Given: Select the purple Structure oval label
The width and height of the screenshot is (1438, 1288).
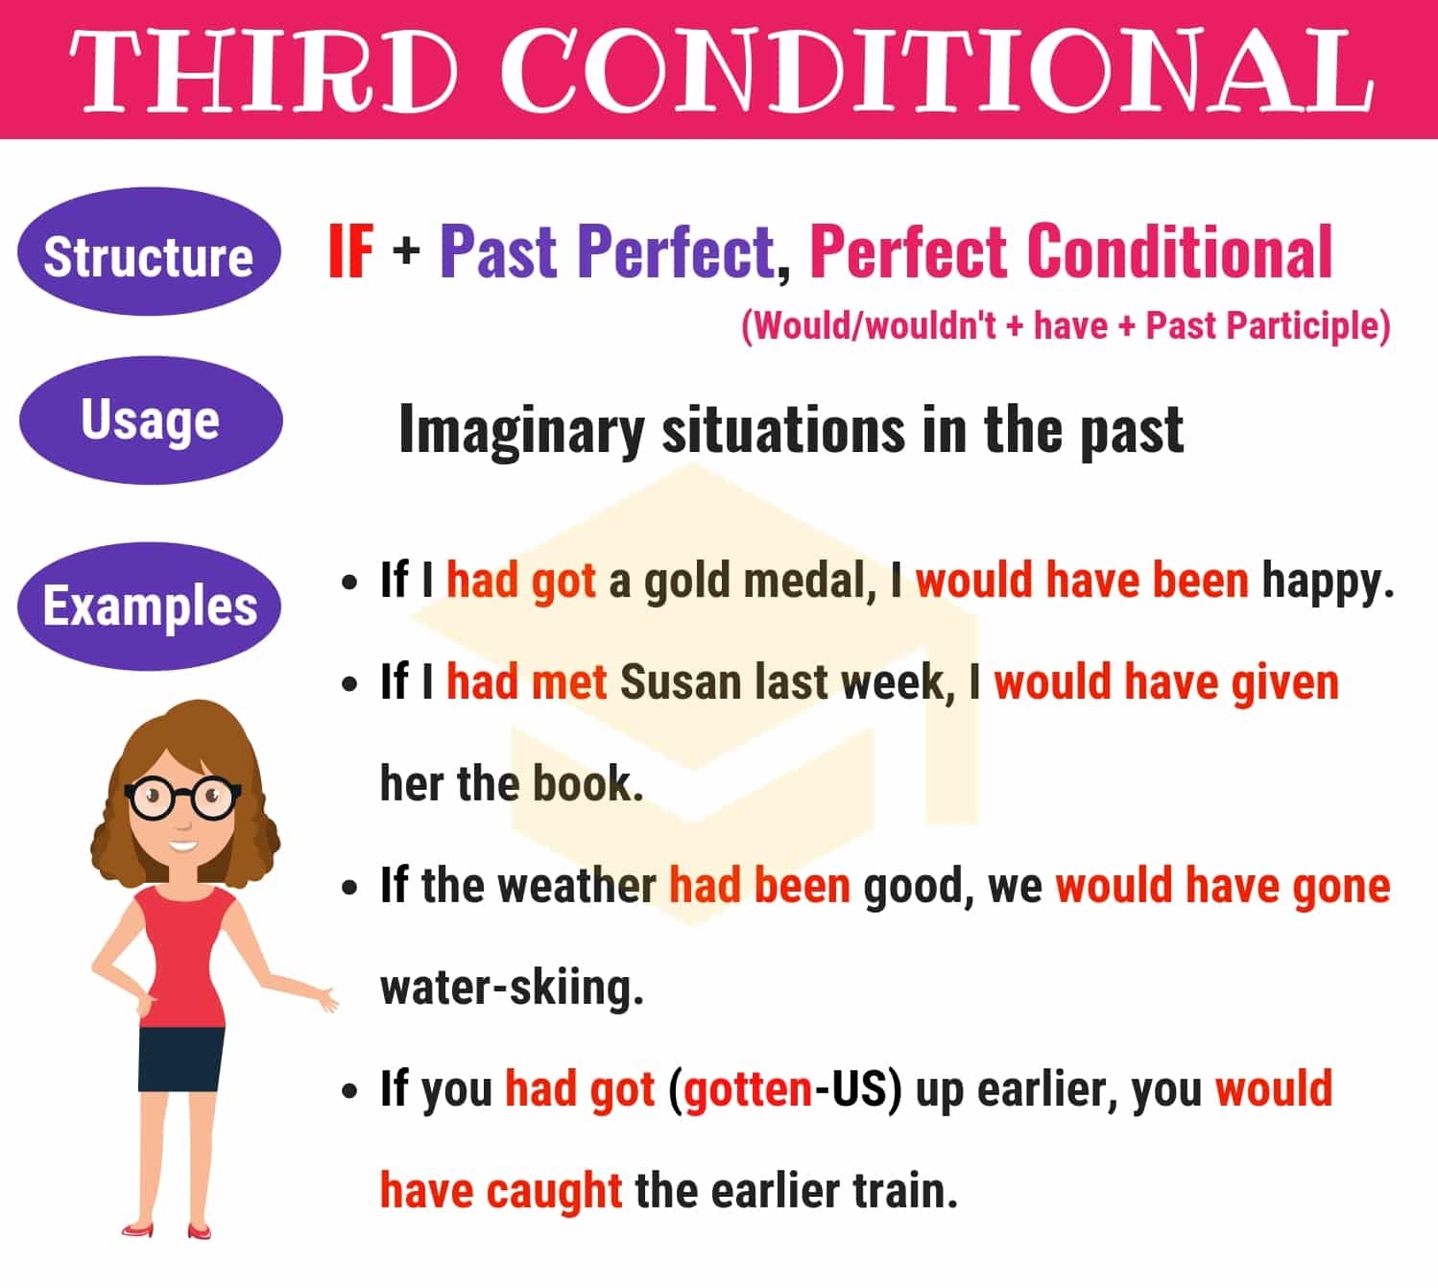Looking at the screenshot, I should (x=149, y=255).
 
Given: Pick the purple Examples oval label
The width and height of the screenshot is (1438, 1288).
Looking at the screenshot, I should (x=150, y=607).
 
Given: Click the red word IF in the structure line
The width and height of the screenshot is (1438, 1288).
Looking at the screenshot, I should (x=350, y=251).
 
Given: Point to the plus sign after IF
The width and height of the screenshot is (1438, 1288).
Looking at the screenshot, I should (x=406, y=251).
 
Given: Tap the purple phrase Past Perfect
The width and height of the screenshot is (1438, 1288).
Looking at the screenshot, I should (x=607, y=251).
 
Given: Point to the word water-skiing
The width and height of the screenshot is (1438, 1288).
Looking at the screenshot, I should (x=511, y=988).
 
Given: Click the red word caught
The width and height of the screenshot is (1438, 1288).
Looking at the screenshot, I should (x=554, y=1191).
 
